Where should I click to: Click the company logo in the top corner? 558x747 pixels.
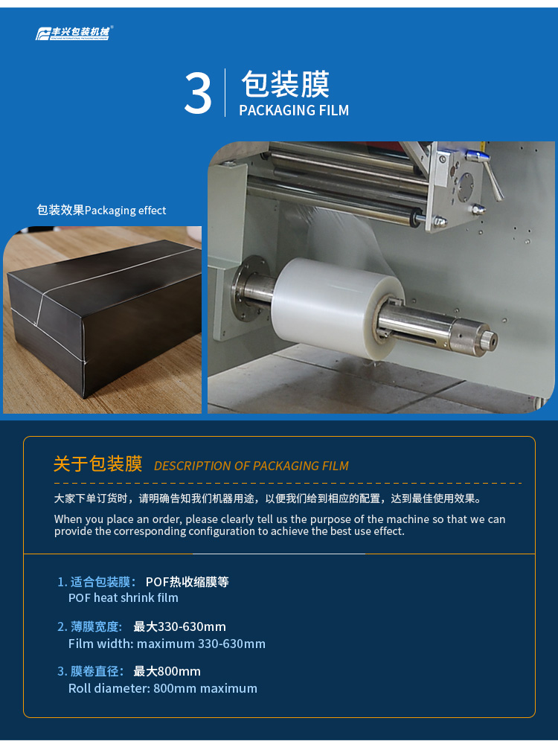click(x=74, y=33)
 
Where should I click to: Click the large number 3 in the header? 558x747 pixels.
click(x=197, y=93)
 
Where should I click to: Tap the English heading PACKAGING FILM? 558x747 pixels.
click(x=294, y=111)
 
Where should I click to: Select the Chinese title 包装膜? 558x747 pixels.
click(x=285, y=84)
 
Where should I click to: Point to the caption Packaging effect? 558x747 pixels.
click(x=125, y=211)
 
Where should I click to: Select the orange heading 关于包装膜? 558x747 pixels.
click(x=97, y=464)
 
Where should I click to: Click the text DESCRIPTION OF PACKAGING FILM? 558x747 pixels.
click(x=251, y=466)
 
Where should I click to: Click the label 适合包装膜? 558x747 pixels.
click(x=100, y=582)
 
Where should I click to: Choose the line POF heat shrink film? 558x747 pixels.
click(x=123, y=597)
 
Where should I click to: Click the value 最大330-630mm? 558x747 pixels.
click(x=179, y=626)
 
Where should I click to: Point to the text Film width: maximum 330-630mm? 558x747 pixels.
click(x=167, y=644)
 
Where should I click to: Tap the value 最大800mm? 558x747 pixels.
click(x=167, y=671)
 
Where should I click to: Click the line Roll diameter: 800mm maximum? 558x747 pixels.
click(x=162, y=688)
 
